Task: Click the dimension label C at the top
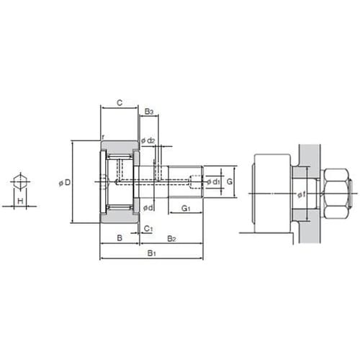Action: pyautogui.click(x=120, y=103)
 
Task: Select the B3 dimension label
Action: pyautogui.click(x=149, y=112)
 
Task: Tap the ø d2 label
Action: pyautogui.click(x=148, y=140)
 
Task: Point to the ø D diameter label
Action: pyautogui.click(x=65, y=183)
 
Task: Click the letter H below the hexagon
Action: pyautogui.click(x=20, y=201)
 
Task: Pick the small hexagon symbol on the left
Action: pyautogui.click(x=20, y=181)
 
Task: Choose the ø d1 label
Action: pyautogui.click(x=213, y=182)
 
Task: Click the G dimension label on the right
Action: pyautogui.click(x=230, y=181)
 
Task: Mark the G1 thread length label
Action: pyautogui.click(x=186, y=208)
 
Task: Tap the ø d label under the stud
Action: pyautogui.click(x=148, y=207)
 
